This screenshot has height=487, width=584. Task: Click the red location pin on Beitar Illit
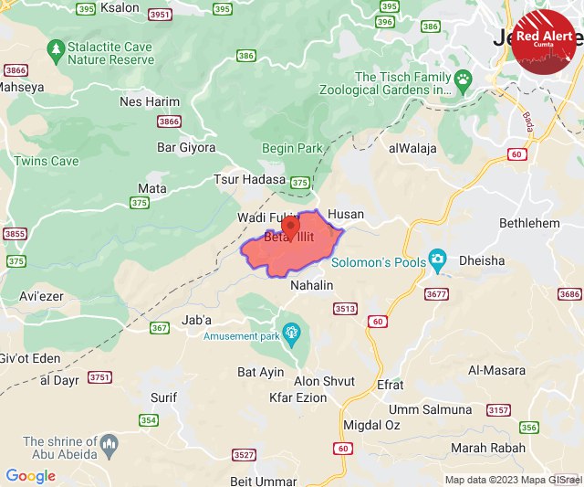289,226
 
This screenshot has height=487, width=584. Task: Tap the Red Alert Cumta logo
544,42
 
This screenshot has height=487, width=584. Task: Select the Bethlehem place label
529,223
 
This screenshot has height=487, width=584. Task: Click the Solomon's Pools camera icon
438,261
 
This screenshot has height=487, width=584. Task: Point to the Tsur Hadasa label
250,180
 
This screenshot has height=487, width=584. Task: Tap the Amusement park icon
292,333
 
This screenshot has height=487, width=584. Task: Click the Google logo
30,476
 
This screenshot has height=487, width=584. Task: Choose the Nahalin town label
311,286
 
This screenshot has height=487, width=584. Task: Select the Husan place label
345,215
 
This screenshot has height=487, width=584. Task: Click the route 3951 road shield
160,15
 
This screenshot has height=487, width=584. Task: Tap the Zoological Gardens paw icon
464,79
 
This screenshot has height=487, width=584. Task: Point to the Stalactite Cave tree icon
57,47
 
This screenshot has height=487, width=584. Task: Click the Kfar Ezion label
298,397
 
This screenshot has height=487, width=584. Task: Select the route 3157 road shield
498,410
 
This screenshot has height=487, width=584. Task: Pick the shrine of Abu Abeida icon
109,445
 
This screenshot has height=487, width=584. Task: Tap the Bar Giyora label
186,147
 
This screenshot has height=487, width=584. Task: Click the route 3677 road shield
437,293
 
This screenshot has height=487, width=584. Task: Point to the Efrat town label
390,386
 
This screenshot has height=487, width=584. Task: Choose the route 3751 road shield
99,377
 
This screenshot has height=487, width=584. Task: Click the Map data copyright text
512,480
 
